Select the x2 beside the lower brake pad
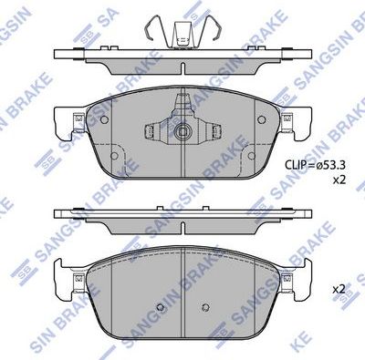(x=339, y=289)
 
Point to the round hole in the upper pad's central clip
(x=182, y=131)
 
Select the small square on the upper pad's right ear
(x=287, y=117)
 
